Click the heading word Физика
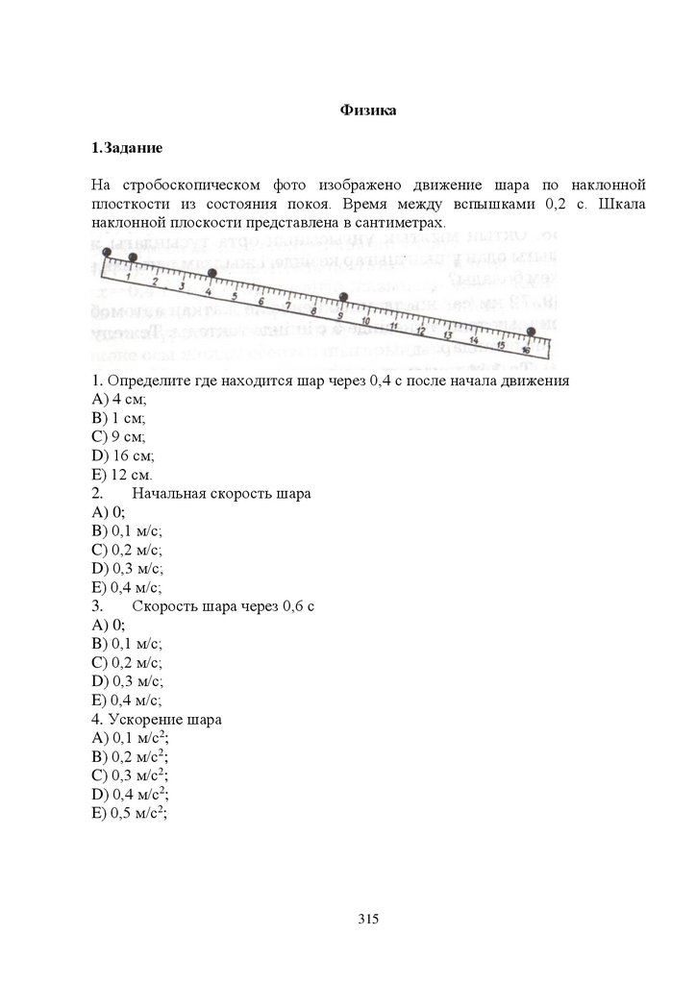click(x=369, y=111)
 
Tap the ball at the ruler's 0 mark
click(x=106, y=251)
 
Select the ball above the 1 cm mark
click(x=133, y=257)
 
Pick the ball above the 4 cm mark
click(x=212, y=274)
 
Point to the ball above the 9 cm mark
click(x=343, y=296)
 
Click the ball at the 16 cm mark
click(x=531, y=332)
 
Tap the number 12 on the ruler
click(x=420, y=331)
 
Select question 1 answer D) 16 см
click(x=123, y=455)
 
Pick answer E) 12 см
click(x=123, y=475)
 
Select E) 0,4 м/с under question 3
click(x=127, y=701)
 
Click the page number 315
click(x=369, y=919)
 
